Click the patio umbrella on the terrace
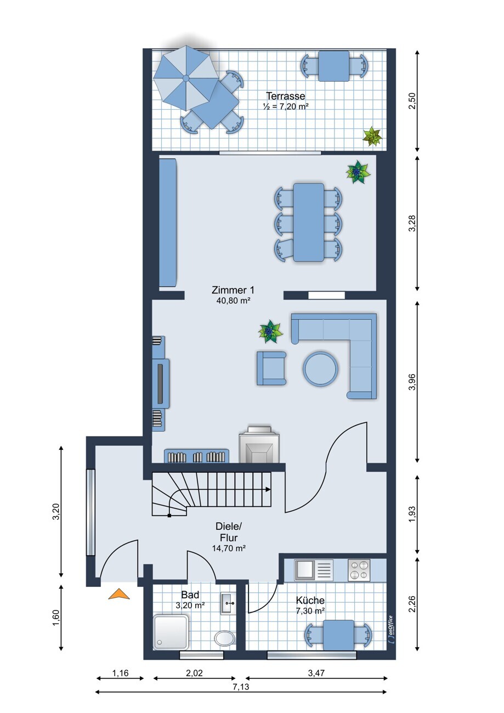tap(185, 78)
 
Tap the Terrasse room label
tap(285, 96)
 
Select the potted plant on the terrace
tap(372, 136)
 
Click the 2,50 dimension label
tap(412, 100)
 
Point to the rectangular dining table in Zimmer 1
tap(309, 222)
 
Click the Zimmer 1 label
tap(233, 290)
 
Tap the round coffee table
tap(320, 369)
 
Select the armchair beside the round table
tap(271, 368)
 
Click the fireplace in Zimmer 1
tap(259, 444)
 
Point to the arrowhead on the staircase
tap(268, 490)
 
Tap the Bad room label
tap(190, 595)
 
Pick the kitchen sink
tap(313, 570)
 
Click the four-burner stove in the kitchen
tap(359, 570)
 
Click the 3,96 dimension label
tap(412, 382)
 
